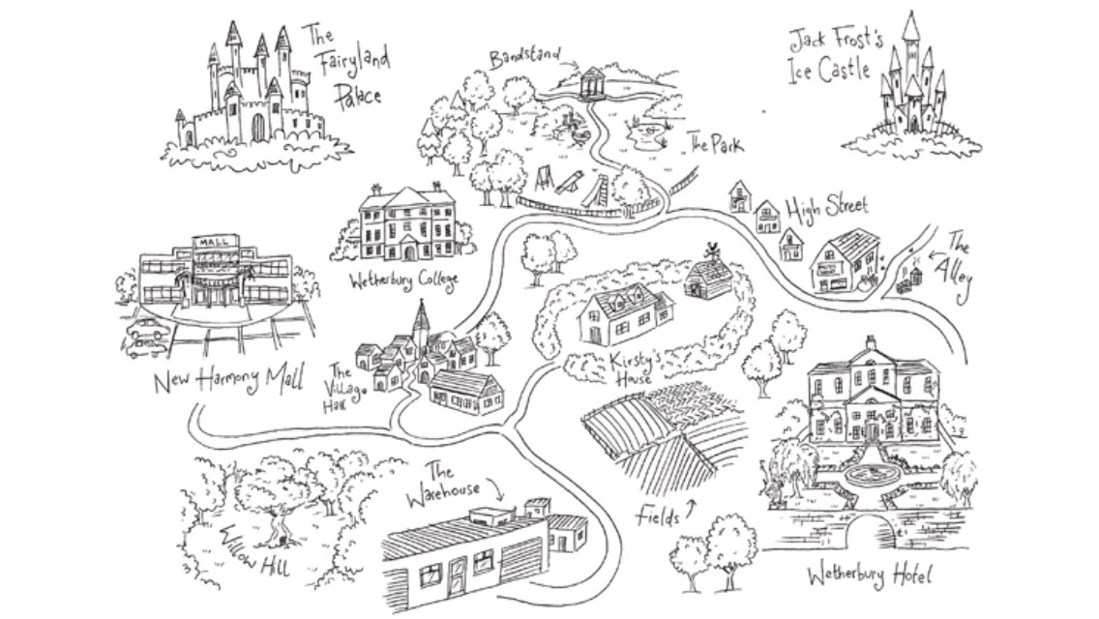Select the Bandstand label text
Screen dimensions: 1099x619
click(x=525, y=56)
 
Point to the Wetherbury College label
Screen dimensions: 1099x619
click(x=404, y=280)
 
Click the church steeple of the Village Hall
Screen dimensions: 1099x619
click(x=420, y=319)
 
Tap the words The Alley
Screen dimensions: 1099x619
click(x=957, y=260)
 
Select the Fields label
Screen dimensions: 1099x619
click(x=657, y=515)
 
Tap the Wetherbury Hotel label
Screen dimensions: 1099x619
click(x=869, y=577)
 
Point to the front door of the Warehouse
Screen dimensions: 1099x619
click(x=456, y=575)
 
